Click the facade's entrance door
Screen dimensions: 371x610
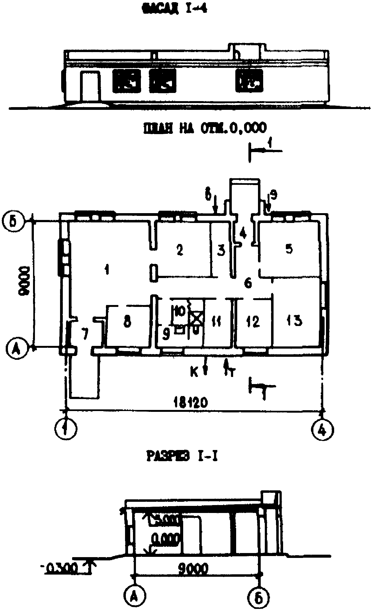tap(90, 86)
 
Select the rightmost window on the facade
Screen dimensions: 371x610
tap(249, 81)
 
